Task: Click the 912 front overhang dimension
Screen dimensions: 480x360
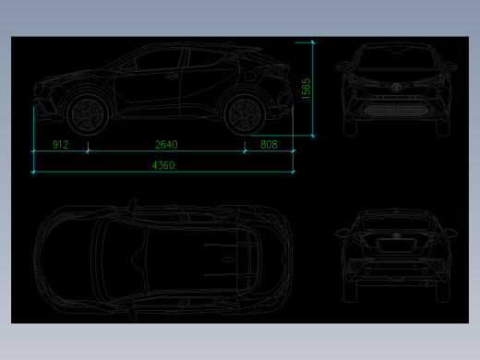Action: point(61,144)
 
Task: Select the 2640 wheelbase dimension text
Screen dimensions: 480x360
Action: point(166,144)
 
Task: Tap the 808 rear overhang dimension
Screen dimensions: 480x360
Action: point(269,144)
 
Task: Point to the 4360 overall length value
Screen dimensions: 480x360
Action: point(163,165)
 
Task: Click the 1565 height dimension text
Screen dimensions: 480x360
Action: point(306,89)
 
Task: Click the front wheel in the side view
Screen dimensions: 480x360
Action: point(88,114)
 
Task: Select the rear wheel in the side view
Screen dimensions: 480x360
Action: point(245,114)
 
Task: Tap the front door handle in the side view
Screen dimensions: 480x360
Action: point(172,76)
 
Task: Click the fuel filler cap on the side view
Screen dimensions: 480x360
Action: point(250,76)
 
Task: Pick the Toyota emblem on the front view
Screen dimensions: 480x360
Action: point(396,87)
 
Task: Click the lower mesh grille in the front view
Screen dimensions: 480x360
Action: point(396,111)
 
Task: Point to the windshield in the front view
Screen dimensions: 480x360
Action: point(396,58)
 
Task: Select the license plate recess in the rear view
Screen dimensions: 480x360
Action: point(397,246)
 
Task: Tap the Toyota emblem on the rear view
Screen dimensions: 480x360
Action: point(396,235)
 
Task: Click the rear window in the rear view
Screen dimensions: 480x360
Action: point(396,222)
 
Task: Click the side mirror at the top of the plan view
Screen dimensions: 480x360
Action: point(132,205)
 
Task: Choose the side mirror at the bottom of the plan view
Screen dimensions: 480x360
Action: point(132,314)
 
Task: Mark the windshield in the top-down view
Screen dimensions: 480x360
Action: point(123,260)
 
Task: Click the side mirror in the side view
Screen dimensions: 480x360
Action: point(132,65)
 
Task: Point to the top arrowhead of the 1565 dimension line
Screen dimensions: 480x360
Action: point(313,42)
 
